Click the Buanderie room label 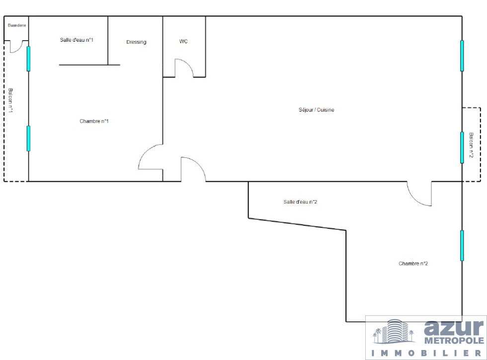coord(17,25)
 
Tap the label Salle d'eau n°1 coord(77,40)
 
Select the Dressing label coord(136,42)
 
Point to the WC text coord(183,41)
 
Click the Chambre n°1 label coord(94,121)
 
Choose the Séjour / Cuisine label coord(317,110)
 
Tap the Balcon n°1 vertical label coord(10,100)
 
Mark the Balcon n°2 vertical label coord(471,145)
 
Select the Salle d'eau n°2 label coord(300,202)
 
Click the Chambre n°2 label coord(413,264)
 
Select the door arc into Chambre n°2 coord(414,199)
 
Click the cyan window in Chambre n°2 coord(462,245)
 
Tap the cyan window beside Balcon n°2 coord(462,147)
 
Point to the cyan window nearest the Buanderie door coord(29,59)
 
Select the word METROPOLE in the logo coord(454,341)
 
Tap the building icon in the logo coord(394,332)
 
